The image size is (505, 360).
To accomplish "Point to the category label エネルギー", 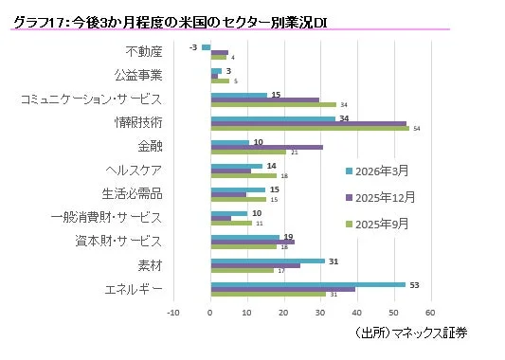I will click(133, 289).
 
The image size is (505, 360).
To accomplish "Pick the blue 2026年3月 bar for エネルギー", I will click(307, 283).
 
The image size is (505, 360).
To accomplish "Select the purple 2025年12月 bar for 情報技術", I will click(308, 122).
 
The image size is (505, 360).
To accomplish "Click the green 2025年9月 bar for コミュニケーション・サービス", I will click(273, 104).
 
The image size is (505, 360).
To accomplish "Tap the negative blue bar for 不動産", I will click(206, 46).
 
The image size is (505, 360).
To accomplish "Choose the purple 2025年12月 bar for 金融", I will click(266, 147).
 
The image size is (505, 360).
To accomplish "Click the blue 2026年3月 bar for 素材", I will click(267, 261).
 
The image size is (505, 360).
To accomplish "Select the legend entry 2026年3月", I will click(380, 171).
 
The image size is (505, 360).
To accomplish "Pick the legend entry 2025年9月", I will click(380, 224).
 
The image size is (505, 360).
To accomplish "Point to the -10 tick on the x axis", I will click(173, 310).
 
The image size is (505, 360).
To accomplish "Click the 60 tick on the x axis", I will click(430, 310).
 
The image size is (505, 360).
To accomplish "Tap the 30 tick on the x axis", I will click(320, 310).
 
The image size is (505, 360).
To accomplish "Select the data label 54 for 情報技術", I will click(418, 128).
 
